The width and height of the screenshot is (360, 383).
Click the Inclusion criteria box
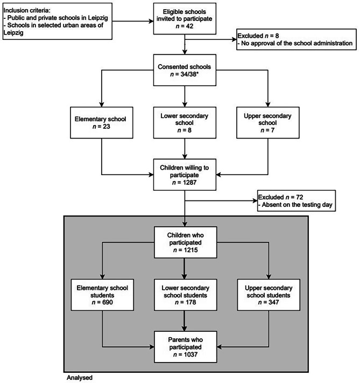point(57,21)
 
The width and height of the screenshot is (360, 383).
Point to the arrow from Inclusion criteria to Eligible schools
point(132,21)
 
